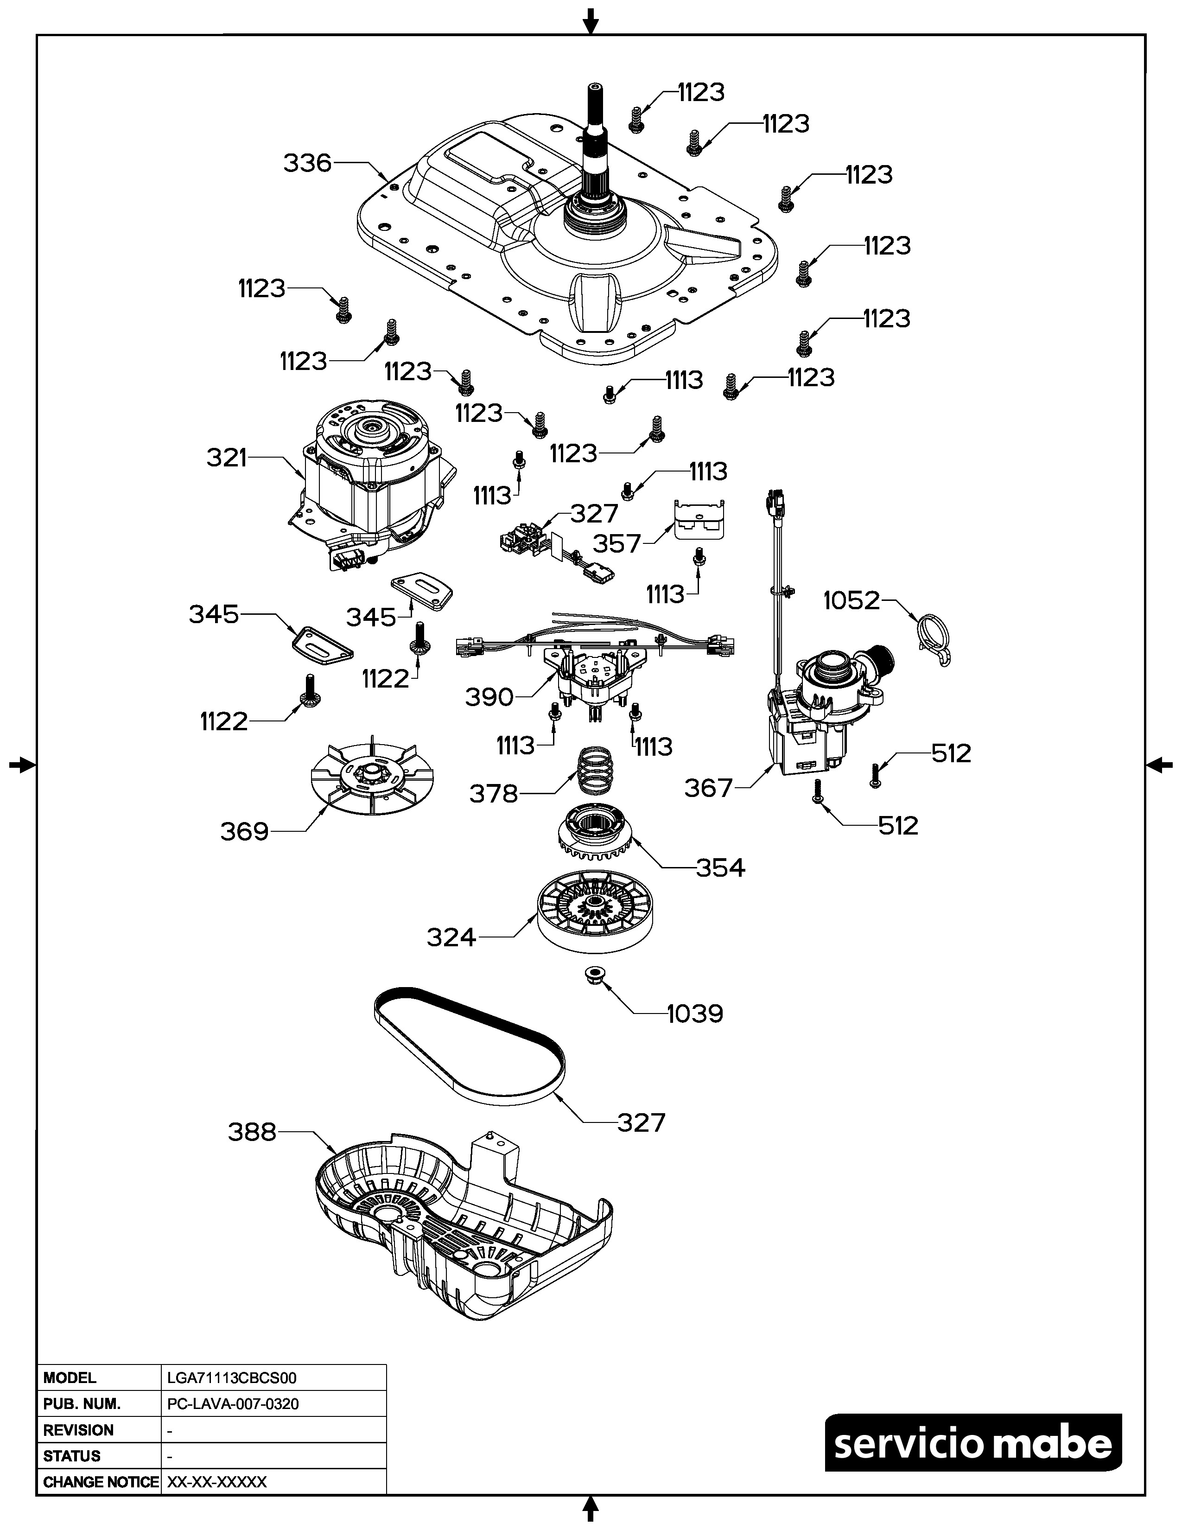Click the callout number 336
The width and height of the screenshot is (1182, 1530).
pyautogui.click(x=307, y=163)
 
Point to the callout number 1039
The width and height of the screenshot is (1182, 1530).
pyautogui.click(x=695, y=1014)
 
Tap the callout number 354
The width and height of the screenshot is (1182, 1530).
pyautogui.click(x=720, y=868)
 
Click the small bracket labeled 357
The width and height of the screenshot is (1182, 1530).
pyautogui.click(x=698, y=519)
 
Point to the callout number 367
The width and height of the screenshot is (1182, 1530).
pyautogui.click(x=708, y=788)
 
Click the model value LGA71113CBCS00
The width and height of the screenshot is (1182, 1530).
pyautogui.click(x=232, y=1378)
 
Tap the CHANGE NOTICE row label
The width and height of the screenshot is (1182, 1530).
pyautogui.click(x=100, y=1482)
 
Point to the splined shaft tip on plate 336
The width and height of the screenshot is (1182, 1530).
pyautogui.click(x=594, y=91)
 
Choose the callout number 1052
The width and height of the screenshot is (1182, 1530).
pyautogui.click(x=851, y=600)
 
